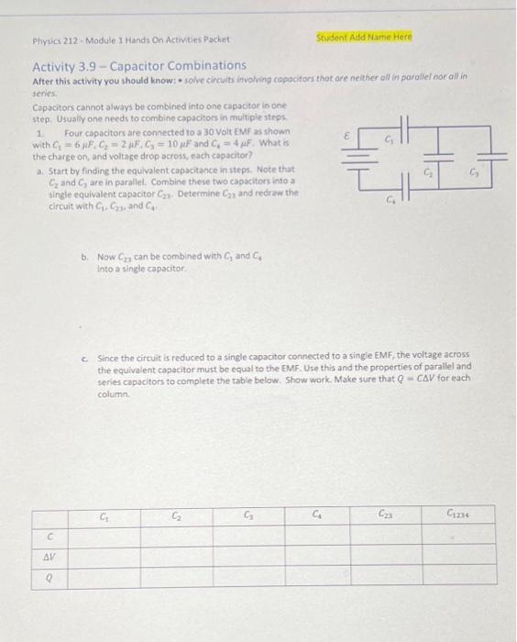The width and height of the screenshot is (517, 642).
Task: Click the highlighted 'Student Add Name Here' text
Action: click(364, 38)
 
